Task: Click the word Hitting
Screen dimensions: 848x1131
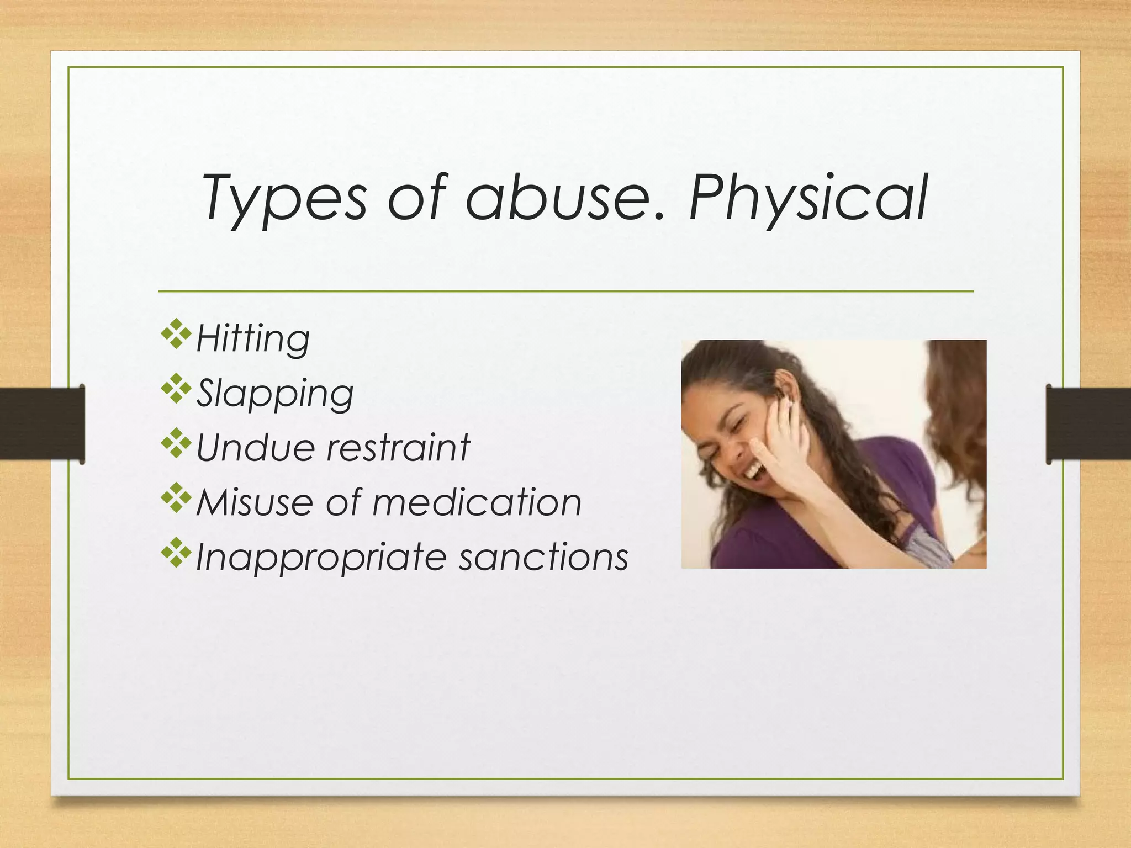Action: point(253,338)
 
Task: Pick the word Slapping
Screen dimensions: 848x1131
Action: point(275,393)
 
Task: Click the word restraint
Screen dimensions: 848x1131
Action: point(398,447)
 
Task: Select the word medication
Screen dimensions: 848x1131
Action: point(477,502)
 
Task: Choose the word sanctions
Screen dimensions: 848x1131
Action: point(543,556)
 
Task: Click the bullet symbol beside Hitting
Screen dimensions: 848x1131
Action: point(176,333)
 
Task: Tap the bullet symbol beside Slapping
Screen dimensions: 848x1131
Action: point(176,389)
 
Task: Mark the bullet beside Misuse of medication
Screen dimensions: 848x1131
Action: point(176,498)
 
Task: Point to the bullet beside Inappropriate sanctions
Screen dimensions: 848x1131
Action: point(176,553)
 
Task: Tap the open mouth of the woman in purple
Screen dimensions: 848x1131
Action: point(754,472)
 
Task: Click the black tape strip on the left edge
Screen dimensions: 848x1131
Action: point(42,423)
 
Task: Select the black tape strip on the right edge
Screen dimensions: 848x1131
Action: point(1088,423)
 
